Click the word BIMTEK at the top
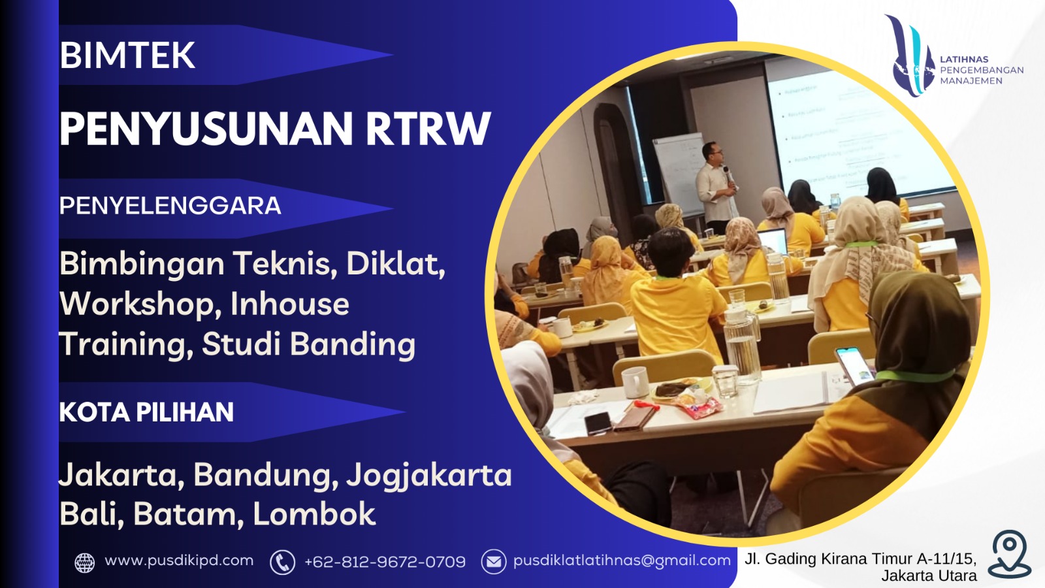127,56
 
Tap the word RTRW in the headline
428,129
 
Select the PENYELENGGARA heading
170,206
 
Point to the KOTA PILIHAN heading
146,412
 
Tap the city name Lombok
314,514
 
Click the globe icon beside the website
85,562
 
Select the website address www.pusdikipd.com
179,561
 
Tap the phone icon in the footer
282,562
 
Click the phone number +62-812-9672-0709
385,562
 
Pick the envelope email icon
494,561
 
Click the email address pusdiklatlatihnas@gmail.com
622,561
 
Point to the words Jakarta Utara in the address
929,576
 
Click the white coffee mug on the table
634,382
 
